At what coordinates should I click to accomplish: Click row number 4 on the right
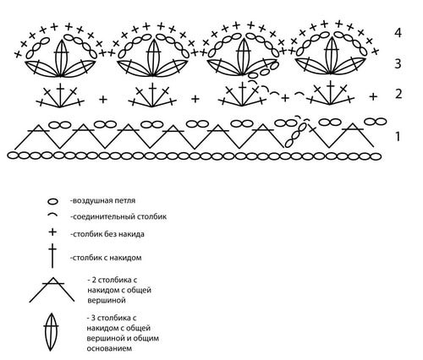(x=398, y=33)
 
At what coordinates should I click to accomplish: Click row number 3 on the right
(x=398, y=63)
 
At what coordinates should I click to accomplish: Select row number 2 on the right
(x=398, y=94)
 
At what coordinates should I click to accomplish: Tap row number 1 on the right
(x=398, y=137)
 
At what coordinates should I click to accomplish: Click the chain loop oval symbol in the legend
(x=52, y=201)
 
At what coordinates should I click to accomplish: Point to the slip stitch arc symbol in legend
(x=52, y=215)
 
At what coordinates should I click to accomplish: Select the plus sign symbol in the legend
(x=52, y=232)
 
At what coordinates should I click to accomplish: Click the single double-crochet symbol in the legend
(x=52, y=256)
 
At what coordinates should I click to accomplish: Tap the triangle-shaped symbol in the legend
(x=52, y=290)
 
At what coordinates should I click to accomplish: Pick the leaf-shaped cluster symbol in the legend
(x=51, y=332)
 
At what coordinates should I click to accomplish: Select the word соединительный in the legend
(x=107, y=216)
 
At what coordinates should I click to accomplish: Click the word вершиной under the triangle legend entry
(x=107, y=300)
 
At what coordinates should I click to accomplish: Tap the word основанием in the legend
(x=109, y=348)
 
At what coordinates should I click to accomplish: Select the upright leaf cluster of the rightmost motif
(x=332, y=55)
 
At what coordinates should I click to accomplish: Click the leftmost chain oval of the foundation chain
(x=13, y=155)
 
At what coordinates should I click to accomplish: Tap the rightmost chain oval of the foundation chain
(x=376, y=156)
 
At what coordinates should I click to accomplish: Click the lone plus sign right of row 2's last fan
(x=373, y=96)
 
